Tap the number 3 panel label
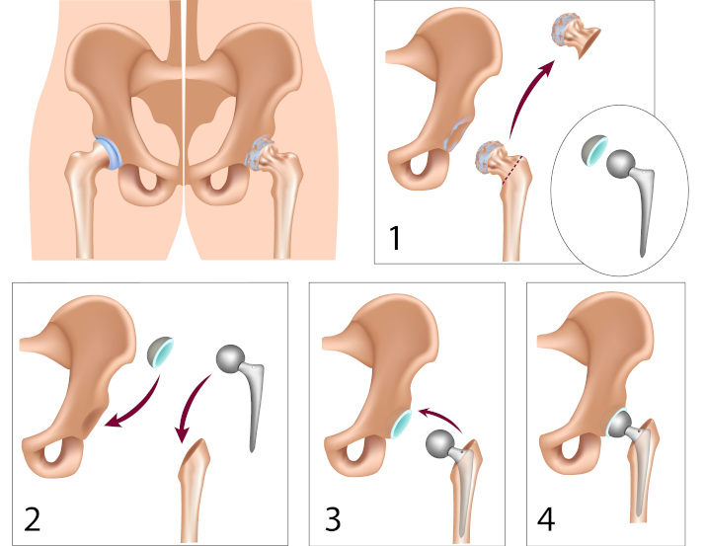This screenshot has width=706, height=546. point(336,515)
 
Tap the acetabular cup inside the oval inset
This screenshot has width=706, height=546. point(593,150)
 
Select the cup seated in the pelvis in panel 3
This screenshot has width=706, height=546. point(402,426)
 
